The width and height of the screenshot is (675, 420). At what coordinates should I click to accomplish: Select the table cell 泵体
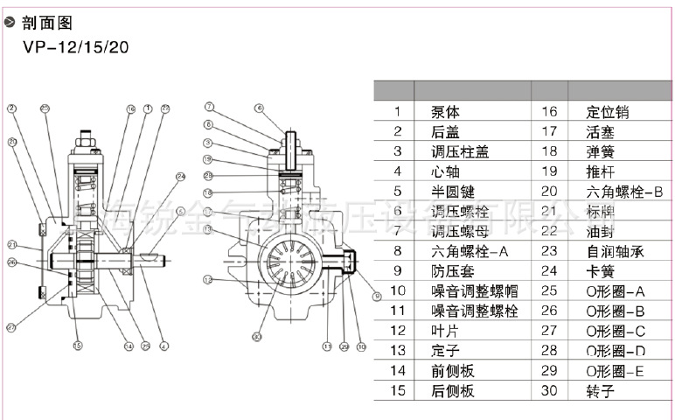pyautogui.click(x=447, y=112)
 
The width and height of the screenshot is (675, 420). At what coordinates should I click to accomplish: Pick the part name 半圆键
pyautogui.click(x=453, y=192)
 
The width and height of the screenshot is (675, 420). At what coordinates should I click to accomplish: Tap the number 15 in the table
pyautogui.click(x=397, y=390)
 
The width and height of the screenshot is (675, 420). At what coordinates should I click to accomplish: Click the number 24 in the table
pyautogui.click(x=549, y=271)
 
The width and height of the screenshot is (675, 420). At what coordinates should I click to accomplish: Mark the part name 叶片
pyautogui.click(x=446, y=331)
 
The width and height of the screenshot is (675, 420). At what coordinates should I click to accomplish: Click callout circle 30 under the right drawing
pyautogui.click(x=256, y=336)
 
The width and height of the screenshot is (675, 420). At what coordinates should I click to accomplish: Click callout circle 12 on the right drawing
pyautogui.click(x=208, y=280)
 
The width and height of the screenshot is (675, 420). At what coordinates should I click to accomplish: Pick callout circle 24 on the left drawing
pyautogui.click(x=181, y=177)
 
